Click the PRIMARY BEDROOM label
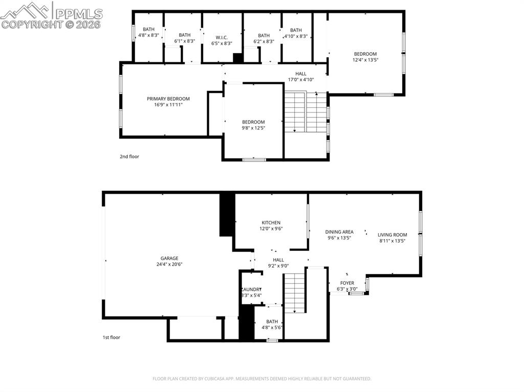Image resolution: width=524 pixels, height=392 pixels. pos(168,99)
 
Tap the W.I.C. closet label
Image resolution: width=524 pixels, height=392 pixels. pos(222,37)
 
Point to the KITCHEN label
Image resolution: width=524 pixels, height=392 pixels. pos(271,222)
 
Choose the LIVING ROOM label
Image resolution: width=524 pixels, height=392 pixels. pos(392,235)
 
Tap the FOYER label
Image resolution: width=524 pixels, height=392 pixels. pos(347,283)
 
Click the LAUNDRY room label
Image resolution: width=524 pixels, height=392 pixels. pos(251,289)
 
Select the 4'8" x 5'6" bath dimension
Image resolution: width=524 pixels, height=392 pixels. pos(272,328)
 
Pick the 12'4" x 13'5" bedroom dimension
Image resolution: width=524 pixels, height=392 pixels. pos(365,60)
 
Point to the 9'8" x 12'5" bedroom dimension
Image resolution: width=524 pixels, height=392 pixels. pos(253,128)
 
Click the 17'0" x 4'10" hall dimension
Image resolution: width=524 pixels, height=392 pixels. pos(300,80)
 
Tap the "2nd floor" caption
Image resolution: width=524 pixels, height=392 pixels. pos(129,156)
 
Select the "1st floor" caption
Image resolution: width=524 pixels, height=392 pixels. pos(111,337)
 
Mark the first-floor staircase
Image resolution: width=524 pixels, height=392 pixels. pos(295,292)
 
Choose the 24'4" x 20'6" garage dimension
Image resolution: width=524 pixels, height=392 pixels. pos(169,264)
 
